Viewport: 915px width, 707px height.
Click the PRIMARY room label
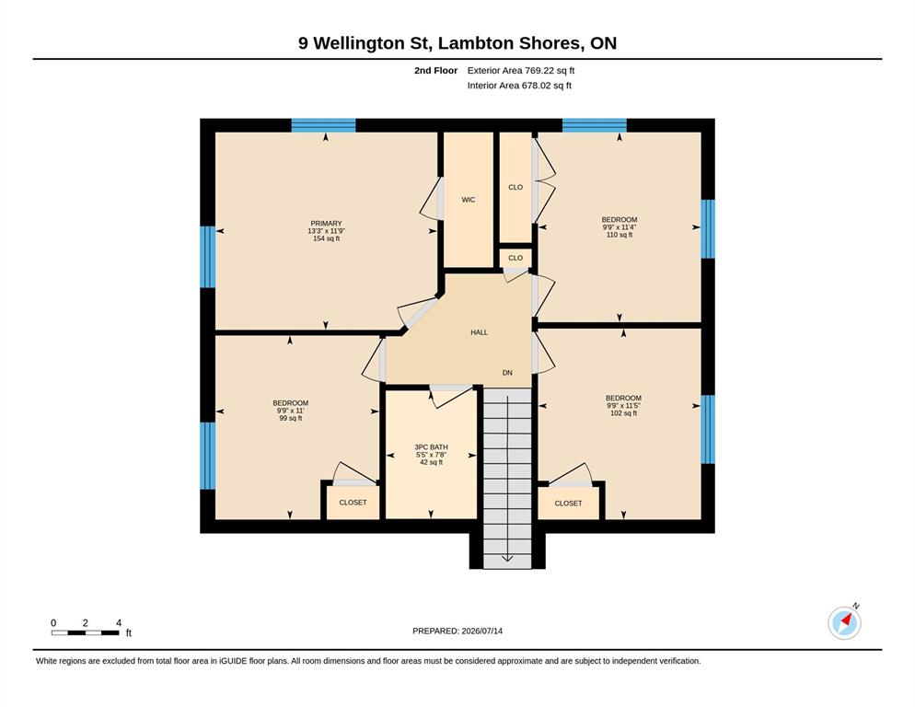click(326, 224)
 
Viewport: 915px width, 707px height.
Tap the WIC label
click(468, 200)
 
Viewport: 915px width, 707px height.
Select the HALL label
click(479, 332)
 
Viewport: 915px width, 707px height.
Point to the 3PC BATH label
click(431, 447)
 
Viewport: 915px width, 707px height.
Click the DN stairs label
click(508, 373)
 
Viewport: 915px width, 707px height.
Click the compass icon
click(844, 622)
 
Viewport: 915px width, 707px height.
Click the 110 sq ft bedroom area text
click(620, 235)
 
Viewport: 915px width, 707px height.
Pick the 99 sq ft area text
click(291, 418)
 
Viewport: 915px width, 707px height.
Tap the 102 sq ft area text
click(623, 412)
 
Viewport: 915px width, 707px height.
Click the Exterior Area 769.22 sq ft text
click(521, 71)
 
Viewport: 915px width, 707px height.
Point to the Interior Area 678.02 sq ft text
click(519, 86)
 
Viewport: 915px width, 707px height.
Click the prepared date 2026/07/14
click(482, 631)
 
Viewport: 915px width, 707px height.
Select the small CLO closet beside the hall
click(515, 258)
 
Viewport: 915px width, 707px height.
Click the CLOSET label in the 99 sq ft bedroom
click(353, 502)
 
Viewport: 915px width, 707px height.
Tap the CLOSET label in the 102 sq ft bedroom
click(568, 503)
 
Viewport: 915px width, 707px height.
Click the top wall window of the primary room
click(323, 125)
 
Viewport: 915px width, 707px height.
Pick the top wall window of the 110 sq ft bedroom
click(594, 125)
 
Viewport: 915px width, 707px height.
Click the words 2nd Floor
click(436, 71)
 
